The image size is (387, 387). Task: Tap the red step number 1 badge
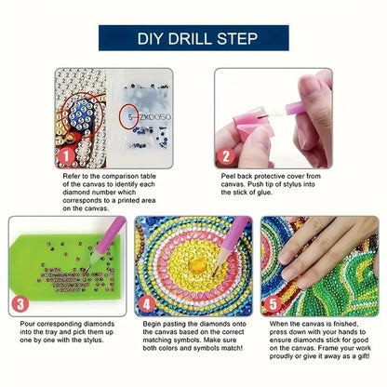coord(67,154)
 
